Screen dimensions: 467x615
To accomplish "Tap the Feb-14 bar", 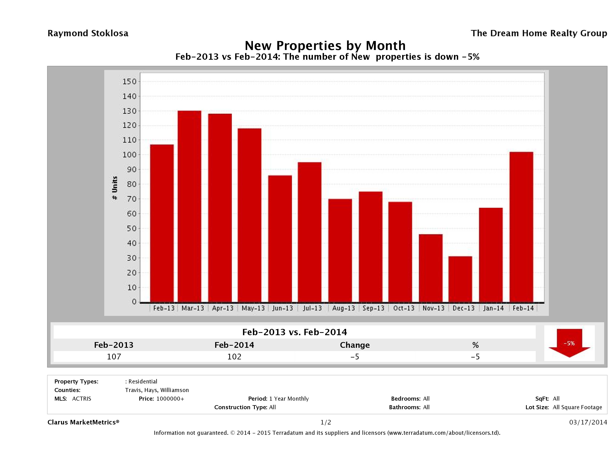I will [x=521, y=227].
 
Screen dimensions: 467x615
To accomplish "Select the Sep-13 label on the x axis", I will [x=373, y=308].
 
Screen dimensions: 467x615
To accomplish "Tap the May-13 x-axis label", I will [x=253, y=308].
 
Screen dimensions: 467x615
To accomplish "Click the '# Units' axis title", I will [x=115, y=188].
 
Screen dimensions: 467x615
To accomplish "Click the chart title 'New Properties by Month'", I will [x=325, y=46].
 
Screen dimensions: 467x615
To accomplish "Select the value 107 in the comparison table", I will [x=114, y=357].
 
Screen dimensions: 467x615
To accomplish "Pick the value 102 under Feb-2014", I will [x=234, y=357].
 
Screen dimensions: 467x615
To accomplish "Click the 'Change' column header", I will [x=355, y=345].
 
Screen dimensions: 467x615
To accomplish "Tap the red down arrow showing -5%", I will [x=569, y=343].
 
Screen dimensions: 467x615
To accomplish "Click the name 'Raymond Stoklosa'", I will [x=88, y=33].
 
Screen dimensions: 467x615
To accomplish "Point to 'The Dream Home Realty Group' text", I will [x=539, y=33].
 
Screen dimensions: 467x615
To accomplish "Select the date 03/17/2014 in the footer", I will [x=588, y=422].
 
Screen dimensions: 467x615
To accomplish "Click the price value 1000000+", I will [x=170, y=399].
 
